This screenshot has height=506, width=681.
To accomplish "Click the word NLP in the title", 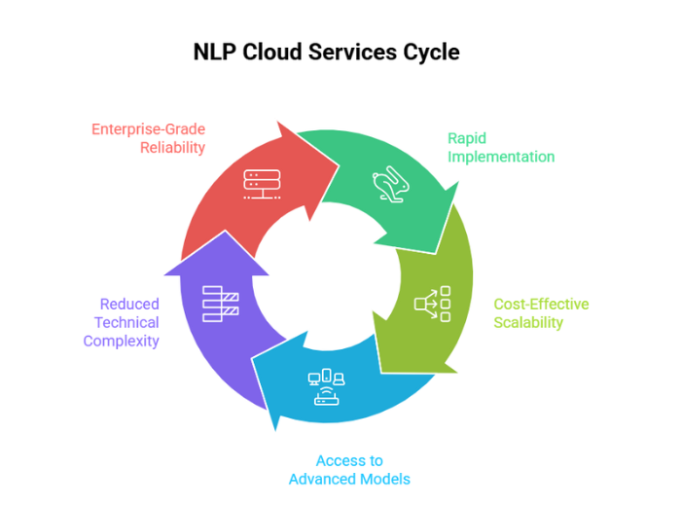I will pyautogui.click(x=217, y=53).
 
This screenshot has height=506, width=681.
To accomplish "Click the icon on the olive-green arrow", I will pyautogui.click(x=432, y=305).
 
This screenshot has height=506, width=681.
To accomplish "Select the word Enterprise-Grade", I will pyautogui.click(x=149, y=129).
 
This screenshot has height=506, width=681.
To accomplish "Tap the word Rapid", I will pyautogui.click(x=468, y=138).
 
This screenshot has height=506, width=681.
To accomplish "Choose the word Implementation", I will pyautogui.click(x=501, y=156).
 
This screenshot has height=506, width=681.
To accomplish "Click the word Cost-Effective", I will pyautogui.click(x=541, y=305).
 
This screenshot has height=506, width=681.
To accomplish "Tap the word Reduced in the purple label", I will pyautogui.click(x=129, y=305).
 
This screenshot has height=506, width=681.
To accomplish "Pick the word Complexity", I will pyautogui.click(x=121, y=341).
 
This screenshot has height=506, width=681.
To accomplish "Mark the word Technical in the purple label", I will pyautogui.click(x=126, y=322).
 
